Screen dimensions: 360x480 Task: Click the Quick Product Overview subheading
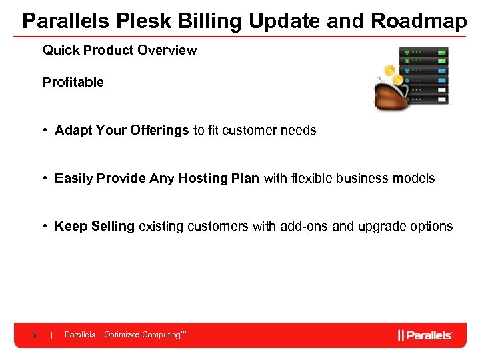pyautogui.click(x=119, y=51)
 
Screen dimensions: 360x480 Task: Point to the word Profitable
pyautogui.click(x=73, y=83)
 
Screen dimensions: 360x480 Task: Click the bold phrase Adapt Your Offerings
pyautogui.click(x=122, y=131)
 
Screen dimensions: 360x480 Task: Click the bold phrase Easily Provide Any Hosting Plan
pyautogui.click(x=157, y=179)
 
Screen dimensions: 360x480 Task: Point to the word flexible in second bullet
pyautogui.click(x=313, y=179)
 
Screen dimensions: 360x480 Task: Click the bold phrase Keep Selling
pyautogui.click(x=95, y=227)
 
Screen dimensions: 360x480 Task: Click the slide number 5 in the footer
pyautogui.click(x=33, y=335)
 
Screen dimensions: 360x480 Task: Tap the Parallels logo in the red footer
pyautogui.click(x=425, y=335)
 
